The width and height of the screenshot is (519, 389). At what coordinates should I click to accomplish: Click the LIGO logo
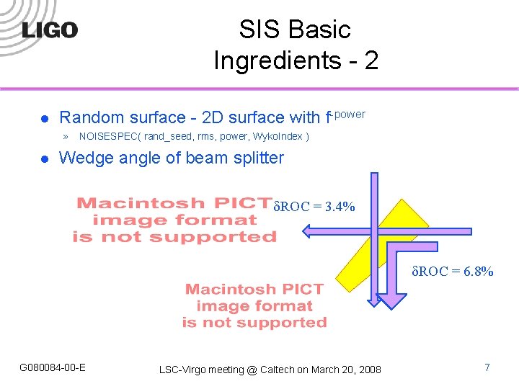pyautogui.click(x=50, y=30)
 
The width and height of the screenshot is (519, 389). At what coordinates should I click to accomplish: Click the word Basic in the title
pyautogui.click(x=318, y=30)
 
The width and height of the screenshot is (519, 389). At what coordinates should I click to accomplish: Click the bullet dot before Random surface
pyautogui.click(x=44, y=118)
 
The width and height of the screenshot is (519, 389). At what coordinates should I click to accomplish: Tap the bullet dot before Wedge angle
pyautogui.click(x=44, y=158)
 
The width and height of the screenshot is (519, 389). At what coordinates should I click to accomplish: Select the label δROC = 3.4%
pyautogui.click(x=314, y=207)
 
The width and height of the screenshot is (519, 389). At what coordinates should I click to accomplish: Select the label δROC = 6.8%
pyautogui.click(x=453, y=272)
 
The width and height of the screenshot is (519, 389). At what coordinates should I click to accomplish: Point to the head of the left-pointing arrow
pyautogui.click(x=309, y=231)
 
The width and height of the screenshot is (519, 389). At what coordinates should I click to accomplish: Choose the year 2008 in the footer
pyautogui.click(x=369, y=370)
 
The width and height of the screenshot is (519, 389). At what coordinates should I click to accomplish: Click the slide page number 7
pyautogui.click(x=487, y=368)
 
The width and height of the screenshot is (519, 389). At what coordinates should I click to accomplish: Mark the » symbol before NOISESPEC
pyautogui.click(x=65, y=136)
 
